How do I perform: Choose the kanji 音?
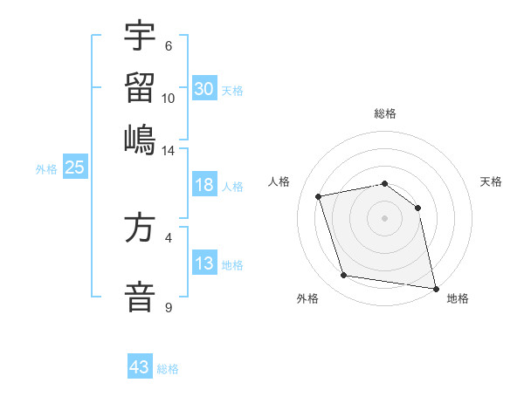click(140, 294)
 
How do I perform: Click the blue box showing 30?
click(204, 88)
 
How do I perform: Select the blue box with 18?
click(204, 186)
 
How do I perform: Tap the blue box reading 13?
click(204, 264)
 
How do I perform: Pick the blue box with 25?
click(74, 168)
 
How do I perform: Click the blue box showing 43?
click(140, 367)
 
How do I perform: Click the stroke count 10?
click(169, 98)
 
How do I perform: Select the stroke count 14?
click(169, 150)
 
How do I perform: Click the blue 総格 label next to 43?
click(168, 369)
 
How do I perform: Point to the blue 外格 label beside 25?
click(45, 169)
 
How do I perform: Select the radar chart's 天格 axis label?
click(491, 181)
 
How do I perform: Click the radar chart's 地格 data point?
click(434, 287)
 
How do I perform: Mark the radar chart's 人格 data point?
click(319, 196)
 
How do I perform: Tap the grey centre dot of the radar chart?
click(384, 218)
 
